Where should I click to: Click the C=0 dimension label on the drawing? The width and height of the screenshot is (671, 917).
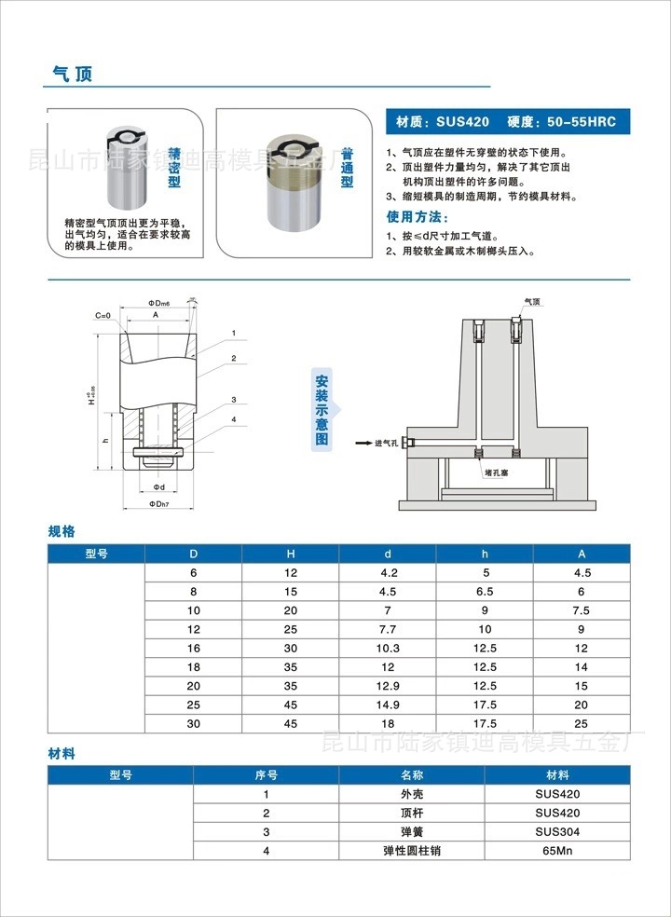103,316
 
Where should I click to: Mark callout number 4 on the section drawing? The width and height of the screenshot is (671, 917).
234,419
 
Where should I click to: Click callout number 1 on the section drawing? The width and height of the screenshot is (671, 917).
233,333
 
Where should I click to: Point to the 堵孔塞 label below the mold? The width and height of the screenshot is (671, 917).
496,472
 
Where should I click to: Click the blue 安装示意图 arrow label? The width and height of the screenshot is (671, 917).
322,409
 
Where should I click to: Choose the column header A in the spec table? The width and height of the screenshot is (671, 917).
582,554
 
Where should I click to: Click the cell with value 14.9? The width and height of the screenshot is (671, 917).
388,705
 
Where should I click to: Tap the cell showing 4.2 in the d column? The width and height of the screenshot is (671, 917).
388,573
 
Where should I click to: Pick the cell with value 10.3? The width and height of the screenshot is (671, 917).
388,648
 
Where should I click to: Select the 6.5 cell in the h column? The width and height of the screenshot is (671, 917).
485,592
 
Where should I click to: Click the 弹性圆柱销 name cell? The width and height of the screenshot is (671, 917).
411,851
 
